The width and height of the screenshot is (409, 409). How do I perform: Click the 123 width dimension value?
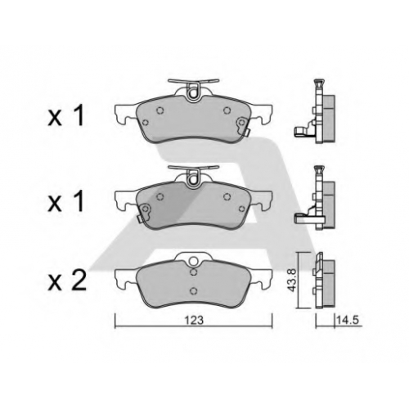click(x=195, y=321)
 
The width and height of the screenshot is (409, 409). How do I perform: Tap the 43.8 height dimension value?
click(x=292, y=281)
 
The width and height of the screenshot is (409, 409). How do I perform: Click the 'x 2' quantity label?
click(x=67, y=280)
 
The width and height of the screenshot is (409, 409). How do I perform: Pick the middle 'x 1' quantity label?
click(x=65, y=202)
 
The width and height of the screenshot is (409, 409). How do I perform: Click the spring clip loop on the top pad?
click(x=193, y=91)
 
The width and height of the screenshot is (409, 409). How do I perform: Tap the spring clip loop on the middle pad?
click(x=193, y=177)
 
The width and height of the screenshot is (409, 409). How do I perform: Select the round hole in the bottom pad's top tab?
click(x=193, y=261)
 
